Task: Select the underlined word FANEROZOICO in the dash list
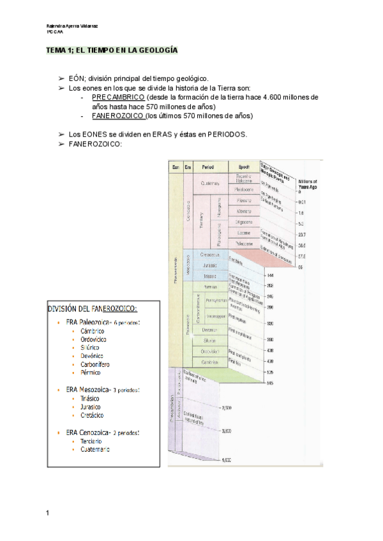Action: click(118, 116)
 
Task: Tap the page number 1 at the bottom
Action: click(47, 512)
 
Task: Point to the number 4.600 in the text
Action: click(276, 97)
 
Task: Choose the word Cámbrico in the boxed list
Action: click(93, 331)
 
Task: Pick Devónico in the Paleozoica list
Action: click(93, 355)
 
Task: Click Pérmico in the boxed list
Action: click(91, 372)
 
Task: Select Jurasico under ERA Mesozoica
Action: click(93, 406)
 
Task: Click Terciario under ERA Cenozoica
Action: click(91, 441)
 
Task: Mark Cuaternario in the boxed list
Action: click(94, 449)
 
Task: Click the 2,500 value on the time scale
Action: click(225, 407)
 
